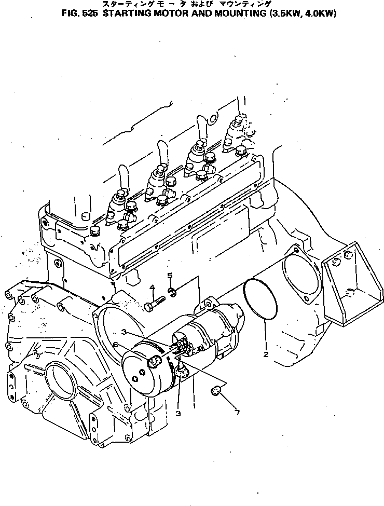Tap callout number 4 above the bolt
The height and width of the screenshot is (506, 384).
pyautogui.click(x=153, y=288)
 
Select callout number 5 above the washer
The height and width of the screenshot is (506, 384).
pyautogui.click(x=169, y=275)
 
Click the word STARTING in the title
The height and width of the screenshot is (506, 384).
pyautogui.click(x=127, y=14)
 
